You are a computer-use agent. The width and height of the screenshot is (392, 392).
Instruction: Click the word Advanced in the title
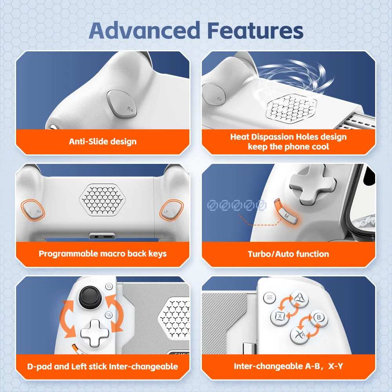pos(145,31)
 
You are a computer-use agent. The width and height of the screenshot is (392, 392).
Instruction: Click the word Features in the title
pos(255,31)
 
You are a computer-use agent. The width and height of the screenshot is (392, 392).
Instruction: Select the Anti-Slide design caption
pos(103,142)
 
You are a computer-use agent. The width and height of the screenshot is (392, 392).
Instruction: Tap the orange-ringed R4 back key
pos(33,210)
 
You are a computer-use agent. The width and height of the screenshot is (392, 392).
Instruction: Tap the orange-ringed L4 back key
pos(172,210)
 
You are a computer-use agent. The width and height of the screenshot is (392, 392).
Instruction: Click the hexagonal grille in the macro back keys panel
pos(102,200)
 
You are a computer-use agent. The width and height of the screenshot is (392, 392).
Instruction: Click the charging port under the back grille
pos(102,236)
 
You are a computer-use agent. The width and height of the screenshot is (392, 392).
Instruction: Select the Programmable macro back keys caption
pos(102,254)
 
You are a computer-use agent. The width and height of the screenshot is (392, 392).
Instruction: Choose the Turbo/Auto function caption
pos(288,254)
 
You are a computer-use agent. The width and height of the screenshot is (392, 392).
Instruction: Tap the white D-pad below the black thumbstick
pos(95,333)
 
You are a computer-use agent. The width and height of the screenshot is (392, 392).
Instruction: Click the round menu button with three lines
pos(270,298)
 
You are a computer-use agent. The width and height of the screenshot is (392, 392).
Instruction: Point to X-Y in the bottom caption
pos(336,366)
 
